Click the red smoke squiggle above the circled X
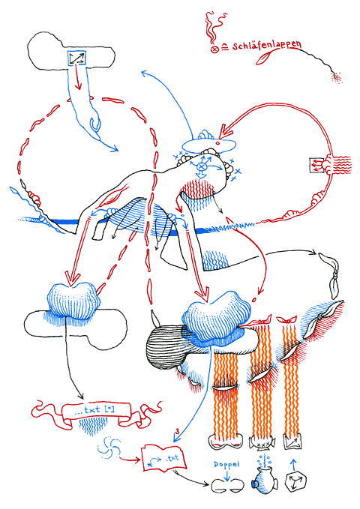pyautogui.click(x=211, y=26)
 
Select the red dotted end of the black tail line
pyautogui.click(x=336, y=75)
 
